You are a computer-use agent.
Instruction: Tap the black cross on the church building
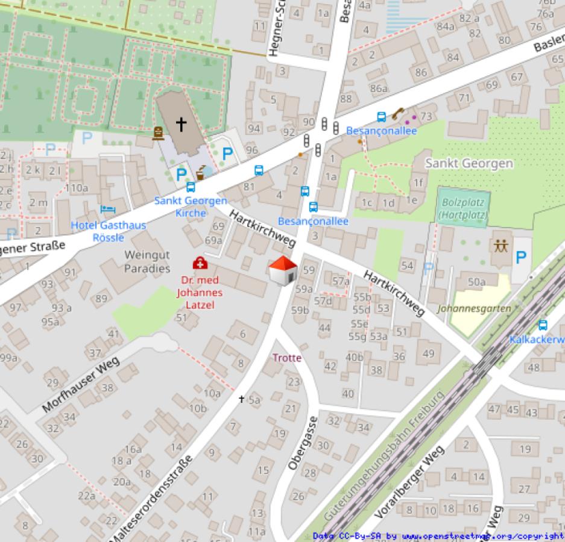(x=181, y=124)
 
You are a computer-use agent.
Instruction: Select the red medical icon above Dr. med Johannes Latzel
(x=199, y=263)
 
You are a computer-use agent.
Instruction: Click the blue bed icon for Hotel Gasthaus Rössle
(x=108, y=210)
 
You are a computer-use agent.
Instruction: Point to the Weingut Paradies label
(x=147, y=261)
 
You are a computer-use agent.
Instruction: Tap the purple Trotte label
(x=286, y=358)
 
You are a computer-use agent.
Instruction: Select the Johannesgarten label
(x=474, y=309)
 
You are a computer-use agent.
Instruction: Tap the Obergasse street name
(x=302, y=443)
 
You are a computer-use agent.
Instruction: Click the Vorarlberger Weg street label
(x=410, y=482)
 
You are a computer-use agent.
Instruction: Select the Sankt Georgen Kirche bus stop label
(x=191, y=207)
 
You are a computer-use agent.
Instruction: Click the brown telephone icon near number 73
(x=397, y=113)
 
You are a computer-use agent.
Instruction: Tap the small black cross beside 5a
(x=242, y=399)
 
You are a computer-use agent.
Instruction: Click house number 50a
(x=476, y=282)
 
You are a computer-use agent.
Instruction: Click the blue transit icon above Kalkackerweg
(x=543, y=325)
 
